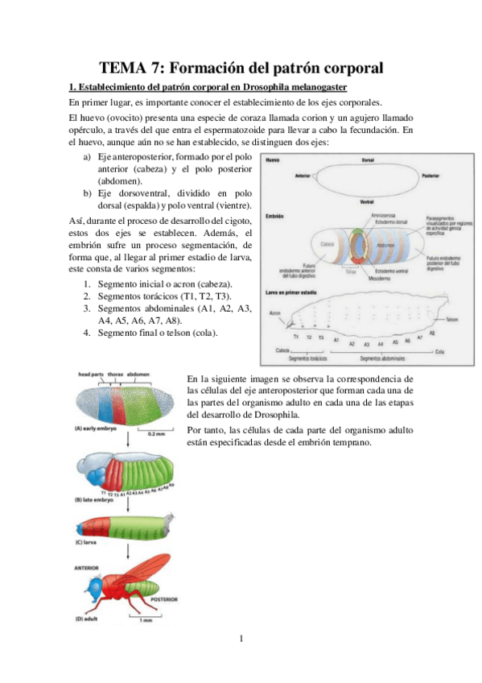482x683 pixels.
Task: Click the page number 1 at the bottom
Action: pyautogui.click(x=241, y=640)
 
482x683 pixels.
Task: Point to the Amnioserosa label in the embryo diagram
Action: pyautogui.click(x=378, y=216)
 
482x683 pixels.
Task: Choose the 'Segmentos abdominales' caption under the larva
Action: pyautogui.click(x=385, y=358)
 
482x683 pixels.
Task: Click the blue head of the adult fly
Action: pyautogui.click(x=93, y=582)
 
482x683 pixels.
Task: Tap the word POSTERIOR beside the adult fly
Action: pyautogui.click(x=164, y=600)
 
